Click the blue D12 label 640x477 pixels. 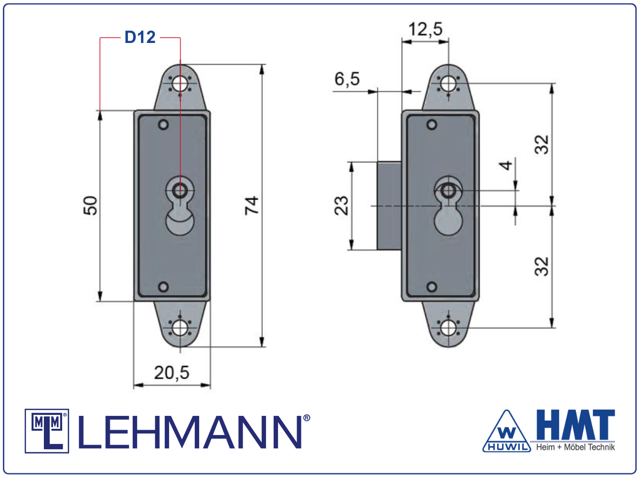(140, 37)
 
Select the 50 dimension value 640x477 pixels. (90, 205)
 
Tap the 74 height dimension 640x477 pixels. (252, 205)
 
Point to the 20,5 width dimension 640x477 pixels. (171, 372)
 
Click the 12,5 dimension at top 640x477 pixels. (425, 30)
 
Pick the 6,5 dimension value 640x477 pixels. (347, 79)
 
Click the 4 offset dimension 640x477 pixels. (506, 165)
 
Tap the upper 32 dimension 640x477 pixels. (542, 145)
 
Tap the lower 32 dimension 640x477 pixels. (542, 266)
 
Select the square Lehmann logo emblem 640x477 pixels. (47, 431)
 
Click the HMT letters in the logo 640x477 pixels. (575, 425)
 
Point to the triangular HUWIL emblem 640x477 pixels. (507, 432)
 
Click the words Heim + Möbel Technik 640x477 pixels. (575, 447)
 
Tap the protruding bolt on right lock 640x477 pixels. (389, 206)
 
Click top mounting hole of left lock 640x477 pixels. (180, 84)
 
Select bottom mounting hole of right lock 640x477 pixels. (448, 328)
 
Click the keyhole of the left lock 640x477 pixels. (180, 205)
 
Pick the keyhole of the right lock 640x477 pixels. (448, 205)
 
